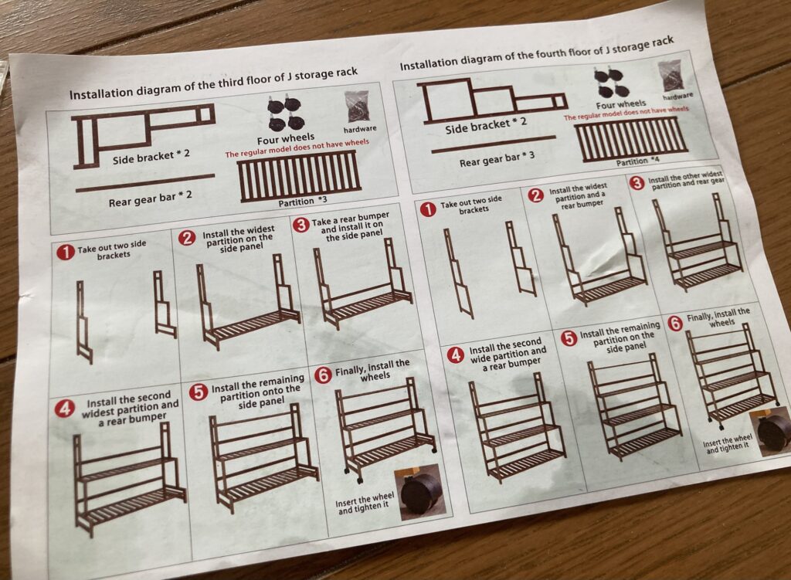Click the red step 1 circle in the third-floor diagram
(x=66, y=253)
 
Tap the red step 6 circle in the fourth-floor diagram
(x=675, y=324)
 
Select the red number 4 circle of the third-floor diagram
(x=64, y=409)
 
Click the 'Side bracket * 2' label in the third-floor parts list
(x=151, y=157)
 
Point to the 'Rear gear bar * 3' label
(x=497, y=159)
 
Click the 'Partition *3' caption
(x=303, y=202)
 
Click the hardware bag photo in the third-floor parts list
(x=357, y=107)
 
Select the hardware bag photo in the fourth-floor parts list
(x=674, y=76)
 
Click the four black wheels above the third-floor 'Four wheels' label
(x=286, y=115)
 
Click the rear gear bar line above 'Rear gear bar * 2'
(x=145, y=182)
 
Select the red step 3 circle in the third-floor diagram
(x=300, y=225)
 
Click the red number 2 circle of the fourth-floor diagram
(x=536, y=195)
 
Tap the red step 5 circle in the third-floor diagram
(x=199, y=392)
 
